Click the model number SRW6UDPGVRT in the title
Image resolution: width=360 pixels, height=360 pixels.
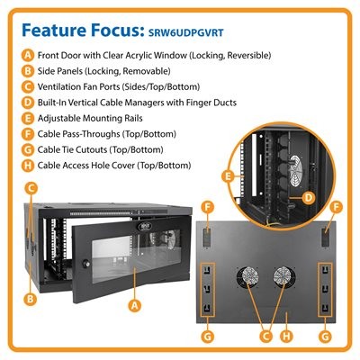point(186,32)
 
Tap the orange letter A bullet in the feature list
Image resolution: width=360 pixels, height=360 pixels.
point(28,56)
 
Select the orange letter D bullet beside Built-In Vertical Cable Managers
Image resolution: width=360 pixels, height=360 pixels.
point(28,103)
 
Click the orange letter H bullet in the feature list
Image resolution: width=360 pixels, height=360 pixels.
point(28,166)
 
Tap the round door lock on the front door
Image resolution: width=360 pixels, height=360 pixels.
point(87,264)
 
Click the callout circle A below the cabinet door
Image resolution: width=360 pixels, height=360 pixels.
point(134,305)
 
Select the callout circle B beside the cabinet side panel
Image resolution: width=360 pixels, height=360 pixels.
point(30,299)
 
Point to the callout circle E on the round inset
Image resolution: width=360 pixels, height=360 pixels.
point(228,176)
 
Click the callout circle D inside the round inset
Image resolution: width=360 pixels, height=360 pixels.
point(309,198)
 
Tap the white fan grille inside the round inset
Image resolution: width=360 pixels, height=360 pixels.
point(295,171)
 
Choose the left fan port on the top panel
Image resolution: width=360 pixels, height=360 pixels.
point(247,276)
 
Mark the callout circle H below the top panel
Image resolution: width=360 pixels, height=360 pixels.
point(286,336)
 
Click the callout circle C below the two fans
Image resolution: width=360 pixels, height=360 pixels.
point(265,336)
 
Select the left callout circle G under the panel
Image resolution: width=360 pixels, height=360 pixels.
point(208,336)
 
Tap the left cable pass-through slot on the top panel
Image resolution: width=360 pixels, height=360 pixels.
point(207,237)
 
